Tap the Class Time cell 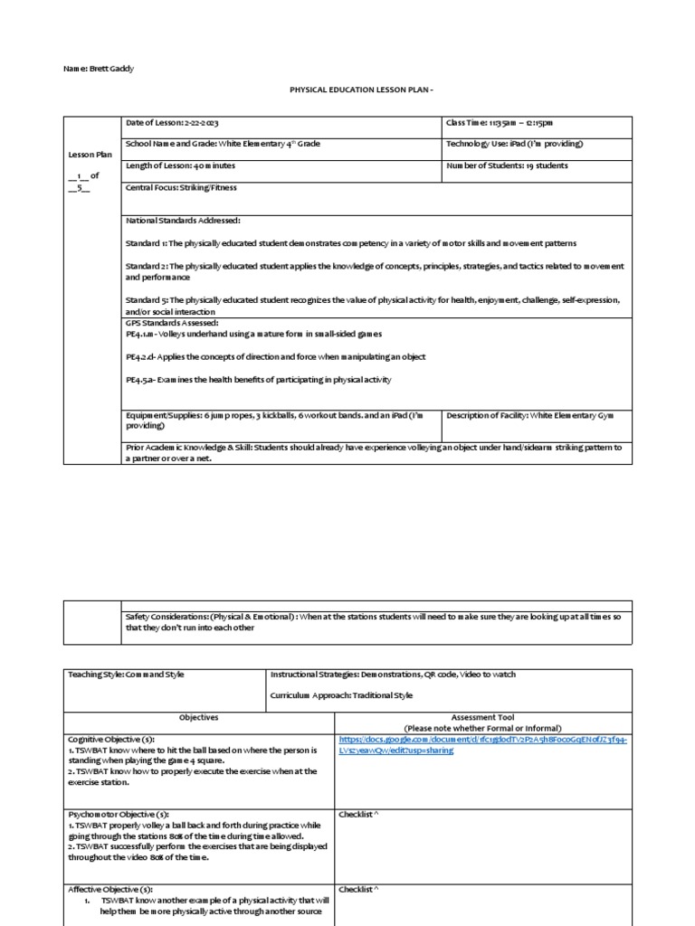point(499,122)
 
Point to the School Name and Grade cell point(223,144)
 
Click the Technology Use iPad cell point(514,144)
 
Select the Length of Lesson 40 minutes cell point(180,165)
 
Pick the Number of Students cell point(507,165)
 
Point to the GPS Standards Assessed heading point(173,323)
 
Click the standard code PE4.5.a point(142,380)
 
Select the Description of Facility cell point(530,414)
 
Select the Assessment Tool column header point(482,723)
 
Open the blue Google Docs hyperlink point(482,744)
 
